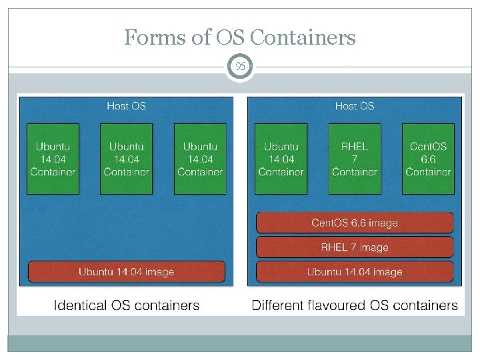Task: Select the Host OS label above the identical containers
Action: coord(127,106)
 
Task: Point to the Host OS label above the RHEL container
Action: coord(355,106)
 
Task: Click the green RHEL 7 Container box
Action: coord(355,159)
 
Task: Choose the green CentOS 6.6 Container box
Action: coord(428,159)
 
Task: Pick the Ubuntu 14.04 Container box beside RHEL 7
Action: coord(281,159)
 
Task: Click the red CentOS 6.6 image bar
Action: coord(355,223)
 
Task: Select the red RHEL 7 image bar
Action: coord(355,247)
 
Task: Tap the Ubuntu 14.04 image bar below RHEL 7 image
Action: coord(355,271)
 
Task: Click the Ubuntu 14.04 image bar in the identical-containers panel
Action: coord(127,271)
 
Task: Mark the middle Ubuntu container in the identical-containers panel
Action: coord(127,159)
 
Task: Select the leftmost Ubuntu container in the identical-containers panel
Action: coord(53,159)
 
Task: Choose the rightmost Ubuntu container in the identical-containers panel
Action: coord(200,159)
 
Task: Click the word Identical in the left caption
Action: coord(79,306)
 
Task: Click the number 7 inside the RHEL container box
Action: coord(355,159)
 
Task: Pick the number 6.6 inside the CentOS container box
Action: coord(428,159)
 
